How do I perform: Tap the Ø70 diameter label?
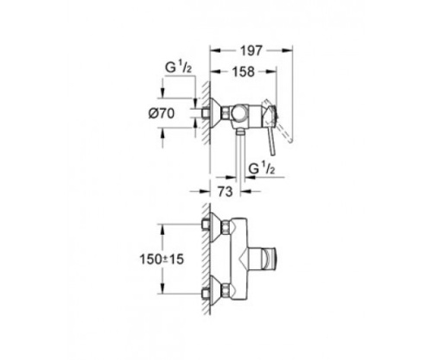(171, 113)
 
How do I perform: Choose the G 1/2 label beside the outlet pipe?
(259, 167)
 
